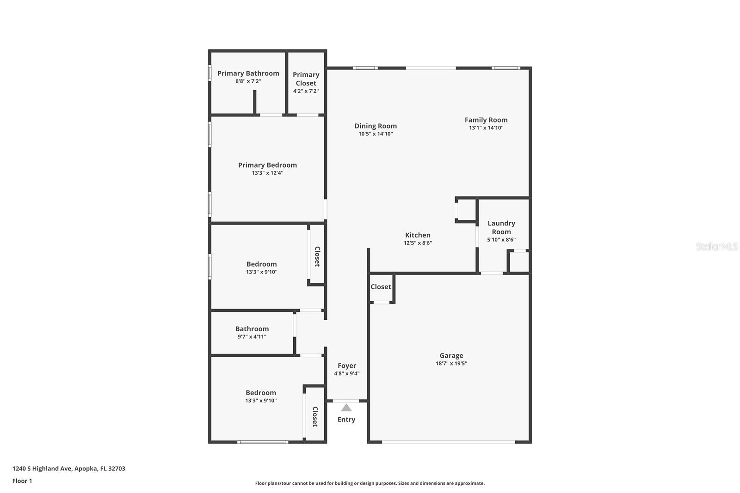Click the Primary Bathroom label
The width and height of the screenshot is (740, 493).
tap(248, 73)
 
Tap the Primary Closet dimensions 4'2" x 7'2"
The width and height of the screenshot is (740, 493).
tap(306, 91)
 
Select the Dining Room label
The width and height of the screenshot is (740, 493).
tap(376, 126)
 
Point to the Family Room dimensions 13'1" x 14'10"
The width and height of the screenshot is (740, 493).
tap(486, 128)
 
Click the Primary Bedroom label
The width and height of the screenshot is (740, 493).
tap(267, 165)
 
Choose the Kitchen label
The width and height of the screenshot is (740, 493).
tap(418, 235)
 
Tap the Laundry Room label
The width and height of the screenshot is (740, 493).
tap(501, 227)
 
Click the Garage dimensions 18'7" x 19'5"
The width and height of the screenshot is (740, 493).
tap(451, 363)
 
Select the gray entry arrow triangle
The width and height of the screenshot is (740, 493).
tap(346, 408)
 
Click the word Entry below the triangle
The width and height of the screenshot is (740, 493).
tap(346, 420)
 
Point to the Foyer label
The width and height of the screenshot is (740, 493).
tap(347, 365)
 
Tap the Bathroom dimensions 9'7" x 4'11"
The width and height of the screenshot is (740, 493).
tap(252, 337)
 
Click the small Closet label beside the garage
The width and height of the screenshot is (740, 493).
tap(381, 287)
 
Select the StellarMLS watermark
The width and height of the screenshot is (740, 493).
tap(717, 247)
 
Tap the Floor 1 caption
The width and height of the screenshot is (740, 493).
tap(22, 481)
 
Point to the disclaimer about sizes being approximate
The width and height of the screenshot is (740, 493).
tap(370, 483)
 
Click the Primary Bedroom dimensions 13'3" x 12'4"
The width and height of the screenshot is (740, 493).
tap(267, 173)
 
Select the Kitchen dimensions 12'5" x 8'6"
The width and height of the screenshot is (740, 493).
tap(418, 243)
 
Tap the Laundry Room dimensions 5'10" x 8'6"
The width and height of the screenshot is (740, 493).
tap(501, 240)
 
